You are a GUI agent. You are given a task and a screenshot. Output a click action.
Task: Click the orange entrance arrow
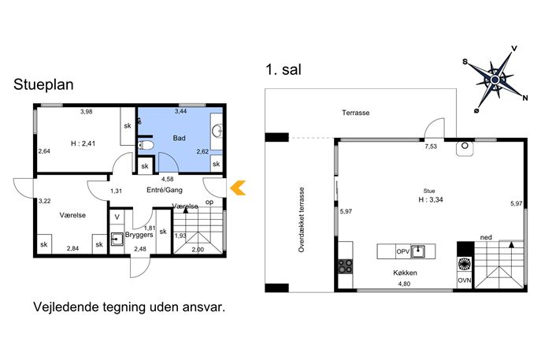click(x=237, y=187)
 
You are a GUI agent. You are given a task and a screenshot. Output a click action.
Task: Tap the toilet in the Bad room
click(x=146, y=145)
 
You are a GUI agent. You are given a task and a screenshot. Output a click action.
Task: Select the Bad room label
click(x=179, y=138)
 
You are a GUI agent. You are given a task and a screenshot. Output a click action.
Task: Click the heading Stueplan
click(x=43, y=84)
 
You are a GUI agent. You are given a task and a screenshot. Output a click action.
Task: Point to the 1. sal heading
click(x=283, y=69)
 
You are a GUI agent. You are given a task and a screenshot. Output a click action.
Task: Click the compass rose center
click(x=495, y=80)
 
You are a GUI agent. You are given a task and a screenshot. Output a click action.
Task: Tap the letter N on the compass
click(x=524, y=98)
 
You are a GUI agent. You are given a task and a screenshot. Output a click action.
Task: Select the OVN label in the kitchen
click(x=465, y=280)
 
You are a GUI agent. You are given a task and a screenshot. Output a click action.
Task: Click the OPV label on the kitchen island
click(x=402, y=251)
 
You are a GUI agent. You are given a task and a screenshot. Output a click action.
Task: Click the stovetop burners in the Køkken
click(x=346, y=265)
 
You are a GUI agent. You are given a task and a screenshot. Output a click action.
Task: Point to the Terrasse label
click(x=356, y=113)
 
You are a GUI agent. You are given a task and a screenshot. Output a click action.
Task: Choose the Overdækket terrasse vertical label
click(x=302, y=220)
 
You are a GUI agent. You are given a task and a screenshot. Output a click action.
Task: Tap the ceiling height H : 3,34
click(x=431, y=199)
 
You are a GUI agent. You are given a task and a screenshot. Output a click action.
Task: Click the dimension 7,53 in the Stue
click(x=431, y=147)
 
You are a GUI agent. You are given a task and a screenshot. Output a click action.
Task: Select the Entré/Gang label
click(x=165, y=190)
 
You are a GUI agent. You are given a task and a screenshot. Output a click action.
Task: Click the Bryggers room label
click(x=139, y=235)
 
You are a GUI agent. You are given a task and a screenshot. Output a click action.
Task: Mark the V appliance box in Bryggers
click(x=117, y=217)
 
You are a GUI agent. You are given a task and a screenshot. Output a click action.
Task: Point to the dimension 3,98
click(x=87, y=112)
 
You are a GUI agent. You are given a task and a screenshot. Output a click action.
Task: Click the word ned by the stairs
click(x=486, y=237)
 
